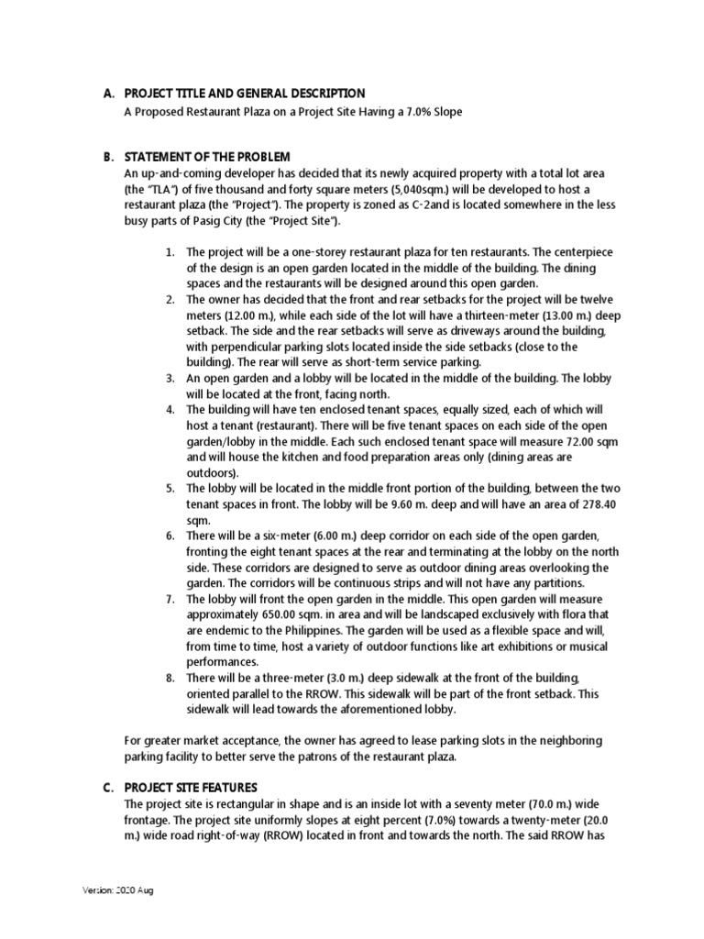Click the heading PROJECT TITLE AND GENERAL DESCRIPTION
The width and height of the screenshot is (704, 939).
[x=245, y=94]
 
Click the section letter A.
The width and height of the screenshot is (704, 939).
[x=108, y=94]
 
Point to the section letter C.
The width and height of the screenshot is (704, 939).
[x=108, y=788]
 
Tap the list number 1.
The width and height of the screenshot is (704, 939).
[x=170, y=252]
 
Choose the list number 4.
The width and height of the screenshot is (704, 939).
[x=170, y=410]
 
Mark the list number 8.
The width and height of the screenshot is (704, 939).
[x=170, y=678]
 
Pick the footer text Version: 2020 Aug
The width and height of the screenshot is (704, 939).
[x=119, y=890]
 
